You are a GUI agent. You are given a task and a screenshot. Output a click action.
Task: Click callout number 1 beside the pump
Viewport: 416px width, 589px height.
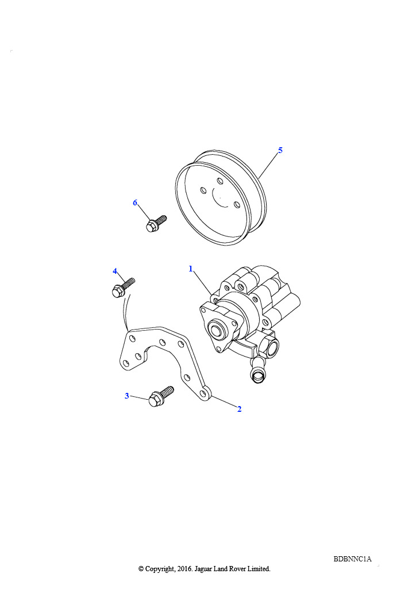[x=191, y=269]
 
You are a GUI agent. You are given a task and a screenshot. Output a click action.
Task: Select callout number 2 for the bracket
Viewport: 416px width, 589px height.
[x=240, y=409]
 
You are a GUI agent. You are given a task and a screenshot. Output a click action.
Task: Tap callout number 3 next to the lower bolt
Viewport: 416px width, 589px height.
[x=127, y=396]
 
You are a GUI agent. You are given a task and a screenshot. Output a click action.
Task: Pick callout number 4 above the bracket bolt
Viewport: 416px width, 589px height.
[x=115, y=271]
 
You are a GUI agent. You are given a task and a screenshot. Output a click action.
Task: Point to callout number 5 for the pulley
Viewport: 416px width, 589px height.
[x=280, y=150]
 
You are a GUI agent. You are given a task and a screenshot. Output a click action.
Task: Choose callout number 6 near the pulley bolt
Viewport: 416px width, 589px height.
[x=135, y=203]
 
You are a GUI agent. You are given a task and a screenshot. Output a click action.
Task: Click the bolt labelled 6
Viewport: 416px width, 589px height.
[x=156, y=223]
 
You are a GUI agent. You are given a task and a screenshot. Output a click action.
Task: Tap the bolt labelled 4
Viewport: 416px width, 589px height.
[x=123, y=288]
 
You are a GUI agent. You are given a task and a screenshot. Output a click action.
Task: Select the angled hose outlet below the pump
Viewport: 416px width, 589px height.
[x=257, y=370]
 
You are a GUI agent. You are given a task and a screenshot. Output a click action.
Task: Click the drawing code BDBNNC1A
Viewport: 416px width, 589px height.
[x=352, y=559]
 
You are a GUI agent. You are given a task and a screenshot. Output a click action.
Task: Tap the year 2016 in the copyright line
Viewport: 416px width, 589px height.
[x=185, y=569]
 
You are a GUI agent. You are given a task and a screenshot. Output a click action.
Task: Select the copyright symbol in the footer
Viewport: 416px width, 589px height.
[x=141, y=569]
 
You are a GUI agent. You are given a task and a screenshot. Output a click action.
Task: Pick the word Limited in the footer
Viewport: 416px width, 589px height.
[x=259, y=569]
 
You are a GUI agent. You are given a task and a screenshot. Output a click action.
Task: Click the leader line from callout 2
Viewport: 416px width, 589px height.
[x=224, y=400]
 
